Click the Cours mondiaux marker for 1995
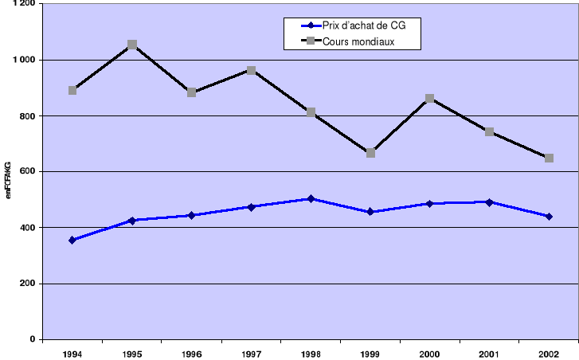click(132, 45)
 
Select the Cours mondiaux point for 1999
click(370, 153)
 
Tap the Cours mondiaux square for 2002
click(549, 158)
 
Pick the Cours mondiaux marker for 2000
click(430, 98)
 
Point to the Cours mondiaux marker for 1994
click(72, 90)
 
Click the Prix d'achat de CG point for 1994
click(72, 240)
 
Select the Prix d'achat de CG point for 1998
click(311, 198)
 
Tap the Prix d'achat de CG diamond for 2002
click(549, 217)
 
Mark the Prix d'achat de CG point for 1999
click(370, 212)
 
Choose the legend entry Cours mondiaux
click(359, 41)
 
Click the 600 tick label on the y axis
click(27, 172)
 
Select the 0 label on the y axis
click(31, 340)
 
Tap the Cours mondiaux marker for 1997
click(251, 70)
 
